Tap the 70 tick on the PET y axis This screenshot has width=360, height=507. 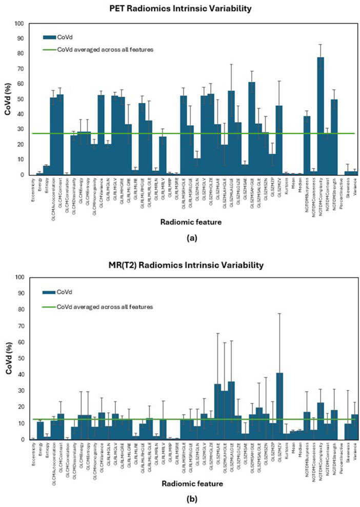pyautogui.click(x=21, y=69)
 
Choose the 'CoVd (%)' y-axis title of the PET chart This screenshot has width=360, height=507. pyautogui.click(x=7, y=99)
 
